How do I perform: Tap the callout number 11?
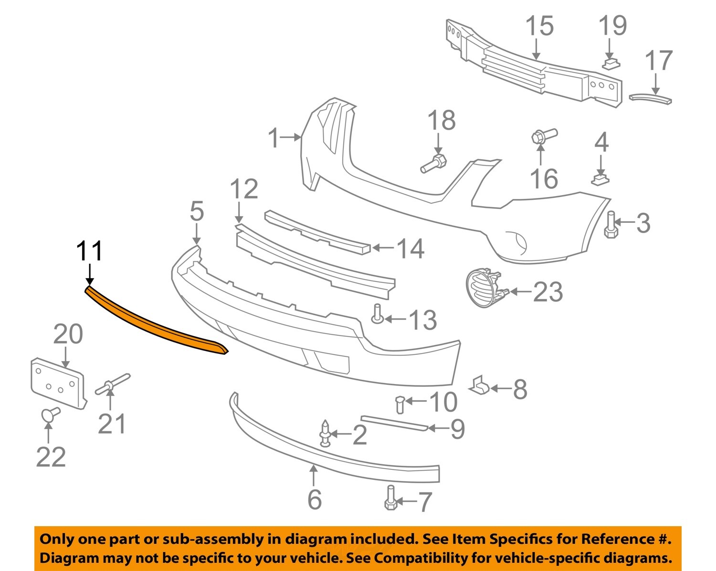pyautogui.click(x=89, y=251)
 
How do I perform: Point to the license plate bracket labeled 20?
pyautogui.click(x=57, y=384)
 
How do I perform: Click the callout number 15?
pyautogui.click(x=539, y=26)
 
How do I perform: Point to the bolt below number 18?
pyautogui.click(x=433, y=163)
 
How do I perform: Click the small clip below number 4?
pyautogui.click(x=600, y=179)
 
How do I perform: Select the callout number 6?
pyautogui.click(x=315, y=499)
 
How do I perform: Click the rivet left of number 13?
pyautogui.click(x=377, y=314)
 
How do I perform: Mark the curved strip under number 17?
pyautogui.click(x=650, y=98)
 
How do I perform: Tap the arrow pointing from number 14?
pyautogui.click(x=383, y=248)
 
